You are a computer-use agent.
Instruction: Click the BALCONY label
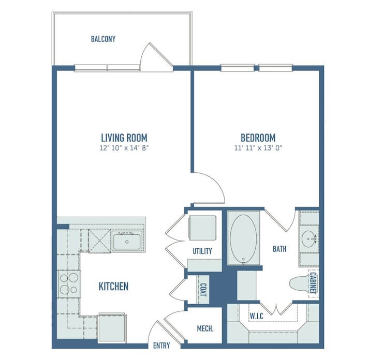click(103, 39)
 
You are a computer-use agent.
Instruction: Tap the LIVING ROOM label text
click(124, 138)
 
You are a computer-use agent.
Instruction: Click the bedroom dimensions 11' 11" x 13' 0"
click(258, 148)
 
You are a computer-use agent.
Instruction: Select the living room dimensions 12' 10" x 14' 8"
click(124, 148)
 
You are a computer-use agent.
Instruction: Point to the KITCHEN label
click(113, 286)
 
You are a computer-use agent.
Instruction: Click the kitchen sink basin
click(127, 242)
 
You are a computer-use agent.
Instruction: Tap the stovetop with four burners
click(69, 284)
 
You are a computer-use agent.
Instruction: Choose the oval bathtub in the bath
click(244, 239)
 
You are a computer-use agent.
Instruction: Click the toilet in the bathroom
click(299, 283)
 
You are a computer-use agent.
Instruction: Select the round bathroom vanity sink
click(309, 239)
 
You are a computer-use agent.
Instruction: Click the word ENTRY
click(161, 346)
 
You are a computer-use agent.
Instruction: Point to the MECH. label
click(205, 328)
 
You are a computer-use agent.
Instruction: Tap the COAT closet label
click(203, 290)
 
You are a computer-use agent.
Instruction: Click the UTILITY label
click(202, 251)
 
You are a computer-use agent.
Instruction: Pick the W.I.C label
click(257, 316)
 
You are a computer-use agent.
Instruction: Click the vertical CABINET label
click(313, 283)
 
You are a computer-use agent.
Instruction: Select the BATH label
click(279, 249)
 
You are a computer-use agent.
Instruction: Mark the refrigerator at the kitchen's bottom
click(112, 327)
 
